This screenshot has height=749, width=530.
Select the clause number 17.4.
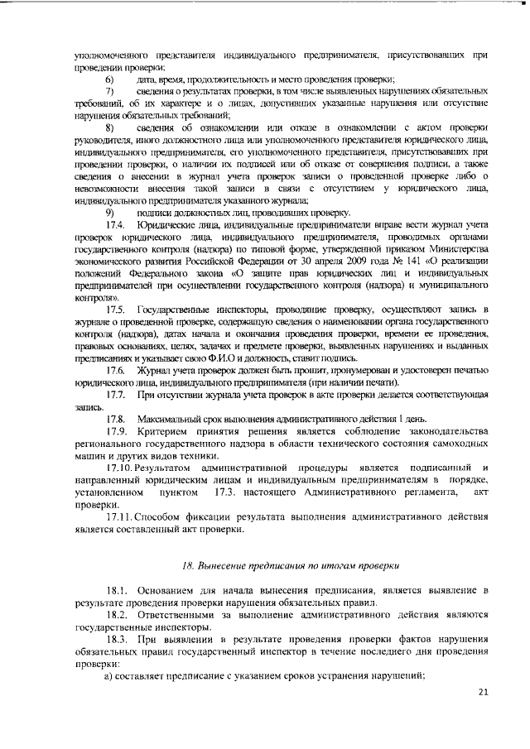tap(115, 225)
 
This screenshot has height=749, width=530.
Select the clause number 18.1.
tap(118, 592)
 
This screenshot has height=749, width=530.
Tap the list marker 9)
tap(108, 212)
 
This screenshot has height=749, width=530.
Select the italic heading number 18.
tap(188, 565)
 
